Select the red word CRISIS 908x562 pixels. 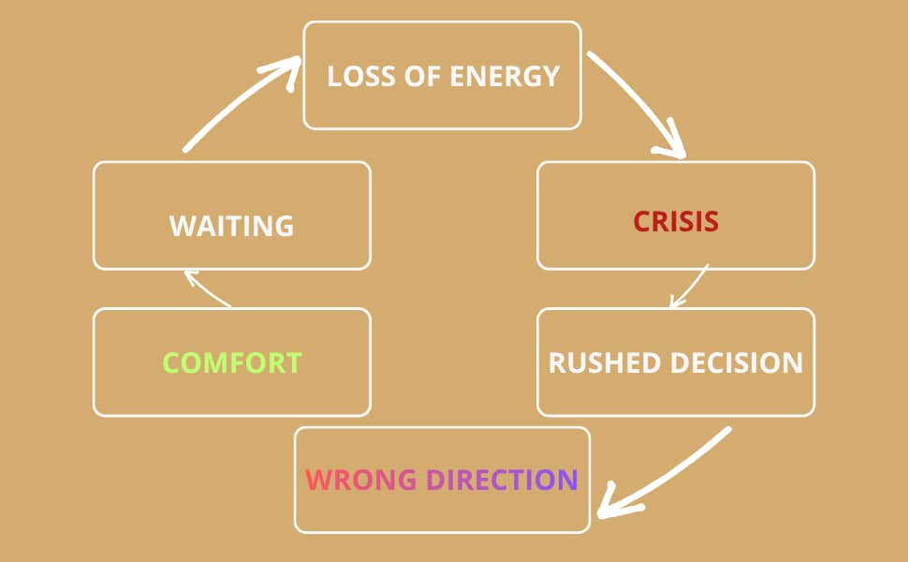[676, 222]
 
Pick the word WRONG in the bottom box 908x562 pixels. [361, 480]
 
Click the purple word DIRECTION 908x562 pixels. [502, 480]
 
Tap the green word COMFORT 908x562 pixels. [232, 362]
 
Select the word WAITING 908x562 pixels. [232, 227]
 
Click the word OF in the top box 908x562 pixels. [426, 76]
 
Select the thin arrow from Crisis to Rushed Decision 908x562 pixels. [691, 286]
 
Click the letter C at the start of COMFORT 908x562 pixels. [171, 362]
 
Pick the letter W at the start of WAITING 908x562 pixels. [182, 227]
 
